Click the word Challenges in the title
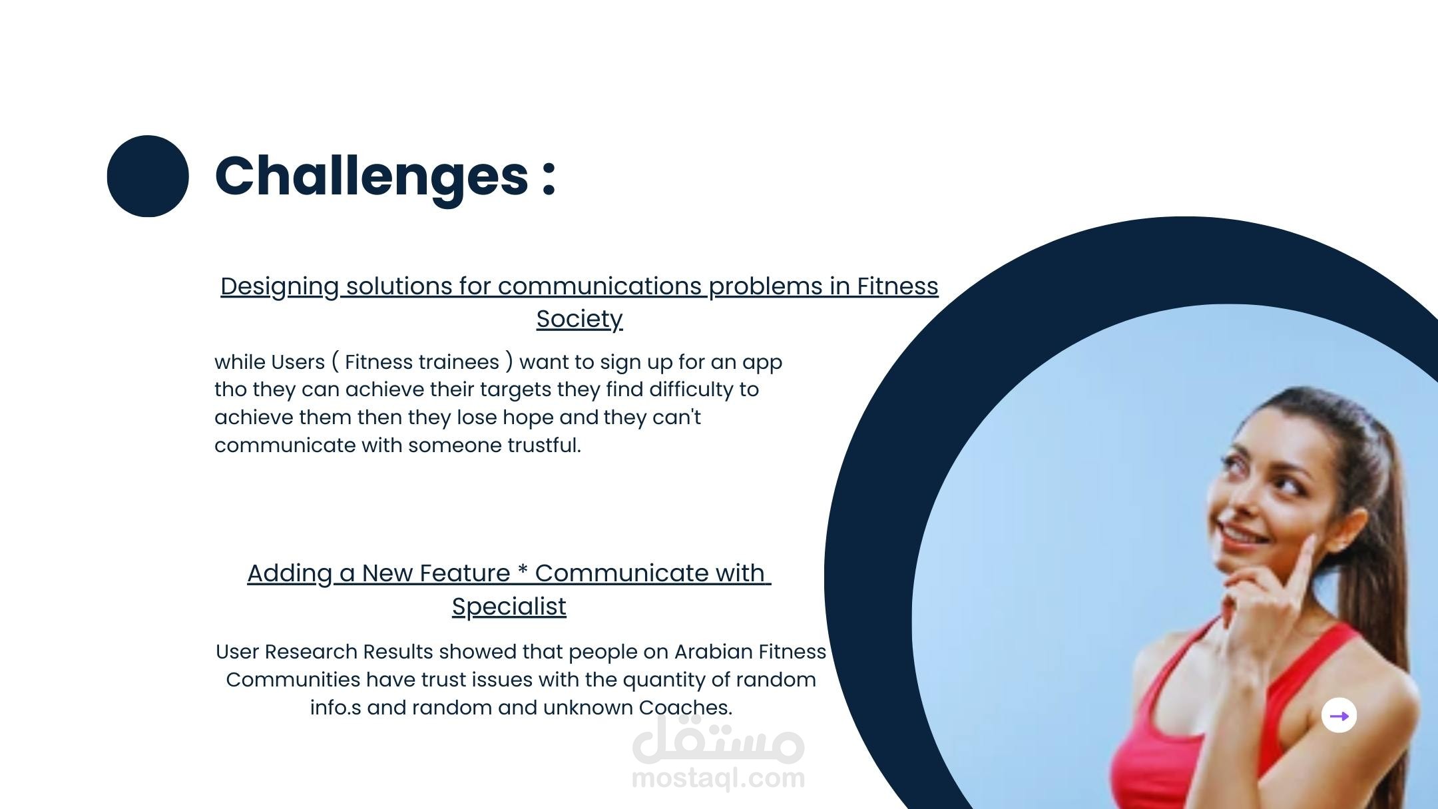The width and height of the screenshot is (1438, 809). [x=371, y=176]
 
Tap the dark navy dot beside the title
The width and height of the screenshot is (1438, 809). [x=148, y=176]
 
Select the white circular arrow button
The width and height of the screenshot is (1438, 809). [x=1339, y=716]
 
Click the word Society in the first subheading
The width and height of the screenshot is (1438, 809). [x=579, y=319]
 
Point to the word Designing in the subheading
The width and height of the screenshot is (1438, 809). [x=280, y=287]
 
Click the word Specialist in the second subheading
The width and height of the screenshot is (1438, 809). [x=509, y=607]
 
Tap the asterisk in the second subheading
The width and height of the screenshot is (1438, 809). [x=523, y=570]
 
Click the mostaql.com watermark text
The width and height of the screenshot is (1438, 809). [x=718, y=778]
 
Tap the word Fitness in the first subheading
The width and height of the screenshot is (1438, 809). [x=897, y=286]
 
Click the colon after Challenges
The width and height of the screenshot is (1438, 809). [x=549, y=178]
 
